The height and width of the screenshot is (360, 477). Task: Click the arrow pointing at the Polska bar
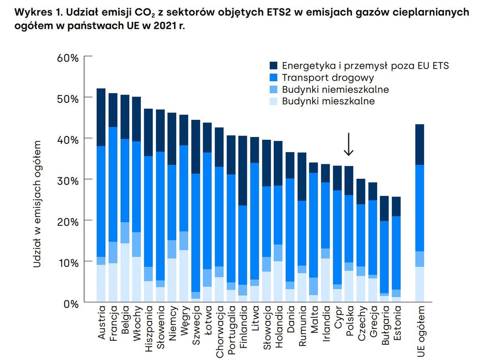pos(349,144)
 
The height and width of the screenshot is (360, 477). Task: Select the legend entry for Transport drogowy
pos(328,77)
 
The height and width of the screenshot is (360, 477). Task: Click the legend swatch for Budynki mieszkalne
pos(274,101)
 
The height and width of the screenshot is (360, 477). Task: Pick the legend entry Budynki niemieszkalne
pos(335,89)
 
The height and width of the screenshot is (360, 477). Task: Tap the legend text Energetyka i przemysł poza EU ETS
pos(365,65)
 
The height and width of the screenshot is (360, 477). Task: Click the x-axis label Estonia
pos(397,323)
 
